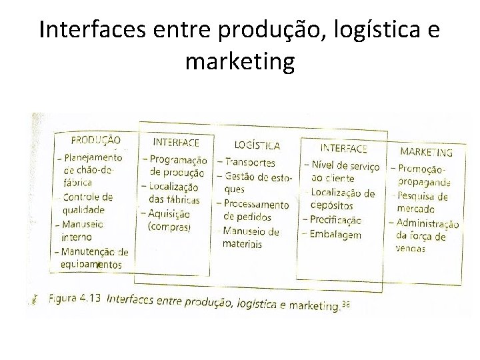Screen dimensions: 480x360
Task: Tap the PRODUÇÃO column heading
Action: pos(95,141)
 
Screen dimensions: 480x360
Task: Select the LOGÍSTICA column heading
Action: pos(257,145)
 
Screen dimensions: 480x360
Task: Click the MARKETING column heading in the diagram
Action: pos(426,152)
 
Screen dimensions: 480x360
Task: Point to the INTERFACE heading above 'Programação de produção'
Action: pos(176,142)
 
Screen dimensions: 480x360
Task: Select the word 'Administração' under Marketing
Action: pos(427,224)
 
